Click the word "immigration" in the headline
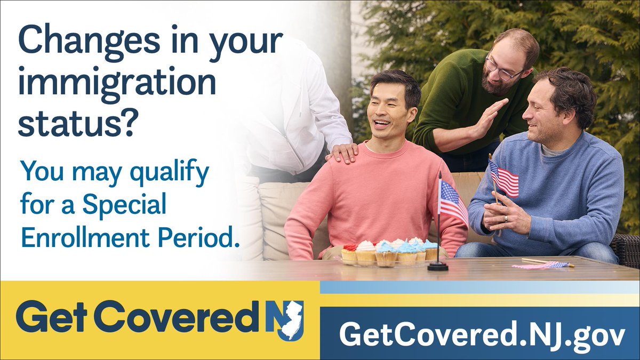tap(117, 84)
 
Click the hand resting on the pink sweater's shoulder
tap(343, 152)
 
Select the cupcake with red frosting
tap(349, 253)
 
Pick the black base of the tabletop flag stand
tap(438, 266)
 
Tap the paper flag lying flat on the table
tap(539, 264)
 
